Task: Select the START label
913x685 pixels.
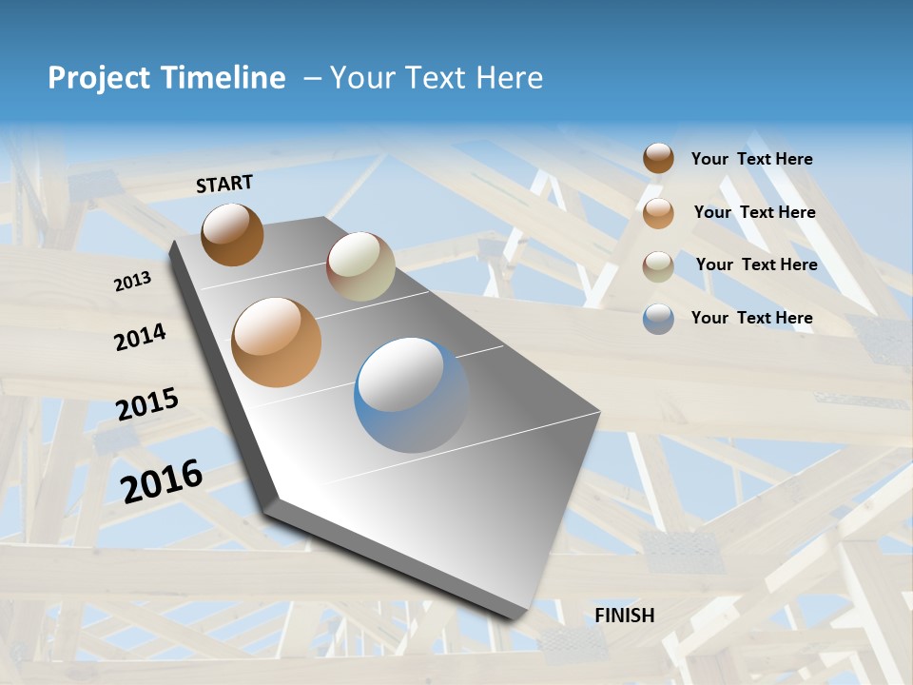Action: [224, 184]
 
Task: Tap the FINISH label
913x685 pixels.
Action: [625, 616]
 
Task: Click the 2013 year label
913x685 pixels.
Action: [132, 282]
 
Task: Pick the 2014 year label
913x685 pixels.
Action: [140, 337]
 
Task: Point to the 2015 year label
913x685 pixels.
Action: [147, 404]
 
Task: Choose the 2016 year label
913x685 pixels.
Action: [162, 480]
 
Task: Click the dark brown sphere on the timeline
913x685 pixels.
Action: [232, 234]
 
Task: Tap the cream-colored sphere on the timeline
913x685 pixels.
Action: [360, 266]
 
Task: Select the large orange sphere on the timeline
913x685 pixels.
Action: [276, 342]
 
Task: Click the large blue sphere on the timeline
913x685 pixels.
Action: [412, 395]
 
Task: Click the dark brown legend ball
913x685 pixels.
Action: [658, 159]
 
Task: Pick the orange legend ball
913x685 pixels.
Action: [658, 213]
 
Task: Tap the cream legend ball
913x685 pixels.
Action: [658, 265]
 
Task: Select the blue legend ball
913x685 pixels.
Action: [658, 319]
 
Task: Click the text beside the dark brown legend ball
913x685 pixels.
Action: [751, 160]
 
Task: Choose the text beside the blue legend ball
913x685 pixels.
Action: [751, 318]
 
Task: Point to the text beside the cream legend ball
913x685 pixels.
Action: [756, 264]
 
